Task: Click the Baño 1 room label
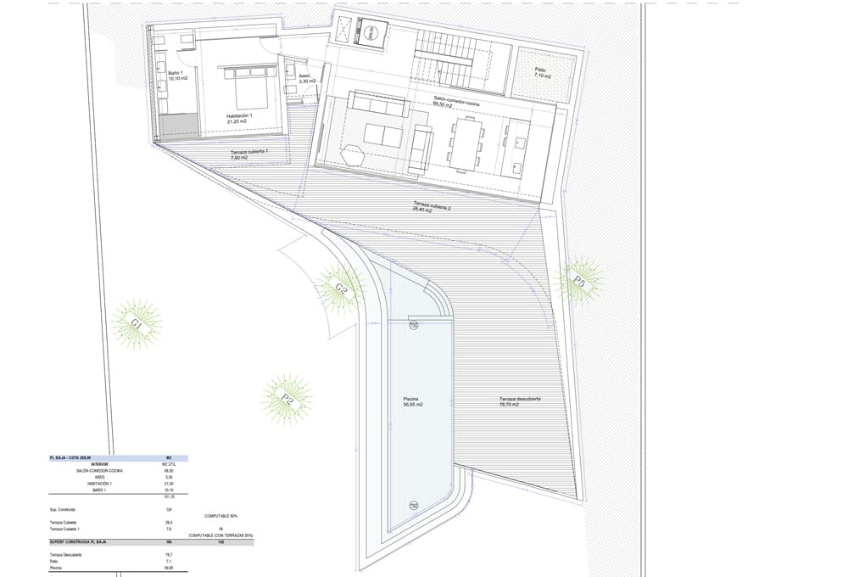pos(177,77)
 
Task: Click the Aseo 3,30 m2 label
pos(306,77)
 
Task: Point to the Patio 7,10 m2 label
pos(543,74)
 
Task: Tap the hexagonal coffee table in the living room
pos(354,155)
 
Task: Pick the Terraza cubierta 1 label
pos(249,154)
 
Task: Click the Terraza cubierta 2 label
pos(431,206)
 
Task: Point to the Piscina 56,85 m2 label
pos(413,401)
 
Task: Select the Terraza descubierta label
pos(521,401)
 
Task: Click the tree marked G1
pos(137,323)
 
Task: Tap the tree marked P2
pos(287,399)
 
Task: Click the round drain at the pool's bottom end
pos(413,504)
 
